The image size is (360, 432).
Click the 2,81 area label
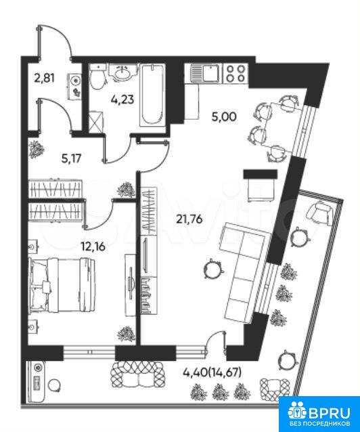click(45, 78)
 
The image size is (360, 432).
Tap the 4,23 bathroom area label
click(122, 99)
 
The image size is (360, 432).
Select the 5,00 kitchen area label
click(224, 117)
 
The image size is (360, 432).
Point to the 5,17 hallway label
click(72, 158)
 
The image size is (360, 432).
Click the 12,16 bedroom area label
click(93, 246)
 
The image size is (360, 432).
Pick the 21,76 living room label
click(189, 219)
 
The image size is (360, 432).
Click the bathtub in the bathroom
click(152, 95)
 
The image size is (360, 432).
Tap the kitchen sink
click(205, 72)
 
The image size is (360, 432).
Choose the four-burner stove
click(235, 73)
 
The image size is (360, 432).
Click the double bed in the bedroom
click(62, 286)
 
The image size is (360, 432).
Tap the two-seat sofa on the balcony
click(138, 374)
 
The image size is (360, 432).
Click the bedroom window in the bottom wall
click(89, 352)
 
